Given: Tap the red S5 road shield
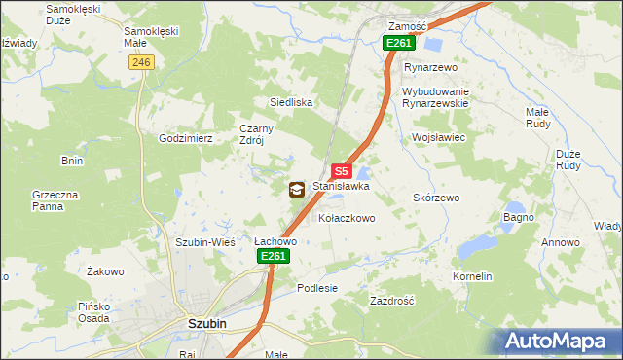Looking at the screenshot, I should (340, 169).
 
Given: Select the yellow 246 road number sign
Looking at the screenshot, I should (141, 62).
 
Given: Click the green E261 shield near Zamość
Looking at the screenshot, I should (399, 43).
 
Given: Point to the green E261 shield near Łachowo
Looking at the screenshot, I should (274, 256).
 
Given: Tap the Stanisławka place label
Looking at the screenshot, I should (341, 185).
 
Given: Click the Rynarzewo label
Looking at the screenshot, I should (430, 67).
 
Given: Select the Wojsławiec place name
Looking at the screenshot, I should (440, 138).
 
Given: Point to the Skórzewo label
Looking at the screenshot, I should (436, 198).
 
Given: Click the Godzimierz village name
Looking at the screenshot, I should (186, 138).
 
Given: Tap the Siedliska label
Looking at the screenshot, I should (290, 101).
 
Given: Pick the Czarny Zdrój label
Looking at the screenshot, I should (260, 132).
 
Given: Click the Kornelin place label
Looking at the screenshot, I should (472, 277).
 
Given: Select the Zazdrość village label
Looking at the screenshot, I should (392, 302).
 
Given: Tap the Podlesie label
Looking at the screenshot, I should (317, 288).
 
